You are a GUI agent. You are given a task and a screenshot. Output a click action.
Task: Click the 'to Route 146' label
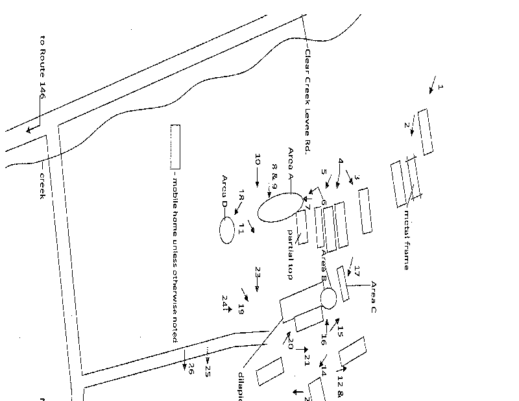click(42, 67)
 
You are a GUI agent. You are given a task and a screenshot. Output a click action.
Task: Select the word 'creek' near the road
click(42, 185)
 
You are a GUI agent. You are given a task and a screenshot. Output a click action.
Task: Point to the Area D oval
click(226, 230)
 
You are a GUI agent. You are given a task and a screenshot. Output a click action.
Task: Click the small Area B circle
click(328, 298)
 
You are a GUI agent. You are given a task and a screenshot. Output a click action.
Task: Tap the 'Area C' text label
click(373, 297)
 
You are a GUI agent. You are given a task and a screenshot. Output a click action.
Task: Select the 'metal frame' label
click(407, 239)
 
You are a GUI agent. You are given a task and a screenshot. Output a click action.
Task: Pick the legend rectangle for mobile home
click(175, 147)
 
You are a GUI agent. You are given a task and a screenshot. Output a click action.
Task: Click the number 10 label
click(258, 160)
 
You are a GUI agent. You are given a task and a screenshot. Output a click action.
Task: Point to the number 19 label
click(241, 309)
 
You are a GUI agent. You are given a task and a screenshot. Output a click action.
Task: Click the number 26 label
click(191, 369)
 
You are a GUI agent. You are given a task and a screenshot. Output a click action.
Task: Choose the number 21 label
click(308, 360)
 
